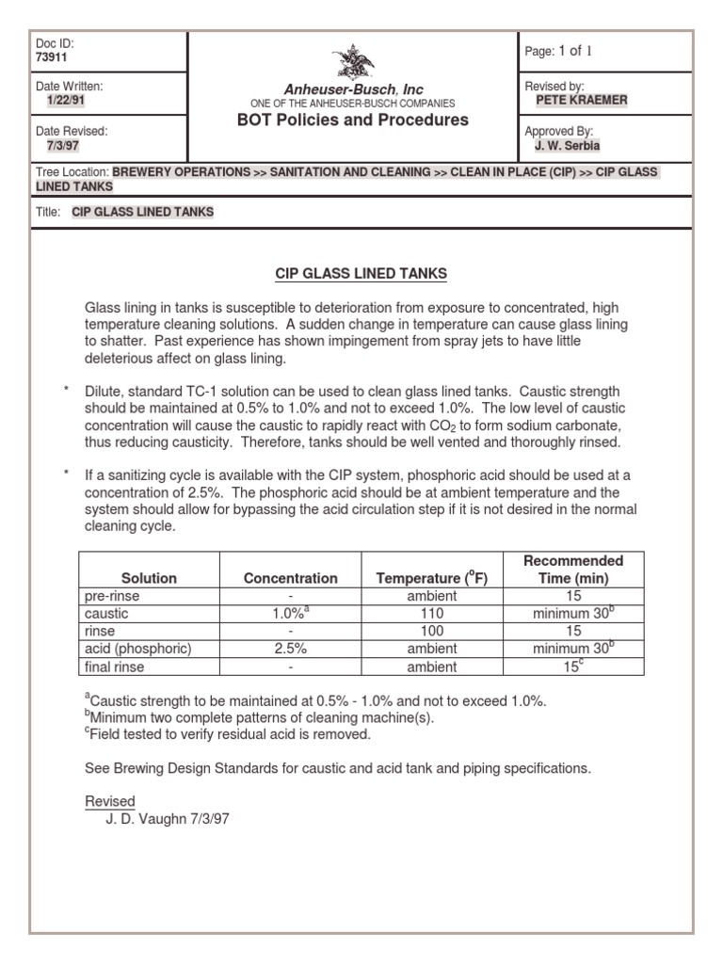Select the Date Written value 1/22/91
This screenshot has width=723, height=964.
coord(66,101)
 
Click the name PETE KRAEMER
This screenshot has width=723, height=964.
coord(581,101)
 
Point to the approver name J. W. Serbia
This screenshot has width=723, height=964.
coord(568,146)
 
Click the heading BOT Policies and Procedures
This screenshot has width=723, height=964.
coord(353,120)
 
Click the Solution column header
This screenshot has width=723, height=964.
coord(149,578)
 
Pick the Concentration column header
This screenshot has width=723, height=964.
coord(291,578)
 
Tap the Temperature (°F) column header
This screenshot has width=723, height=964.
coord(432,578)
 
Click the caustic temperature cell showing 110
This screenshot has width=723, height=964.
coord(432,614)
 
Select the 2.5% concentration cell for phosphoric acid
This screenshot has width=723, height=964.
coord(291,649)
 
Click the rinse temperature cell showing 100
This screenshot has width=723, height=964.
coord(432,632)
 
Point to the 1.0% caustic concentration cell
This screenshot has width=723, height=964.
coord(291,614)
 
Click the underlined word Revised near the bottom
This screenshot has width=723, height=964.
coord(110,801)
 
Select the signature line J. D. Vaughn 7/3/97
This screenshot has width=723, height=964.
coord(168,819)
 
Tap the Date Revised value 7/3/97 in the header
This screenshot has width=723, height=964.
coord(62,146)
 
